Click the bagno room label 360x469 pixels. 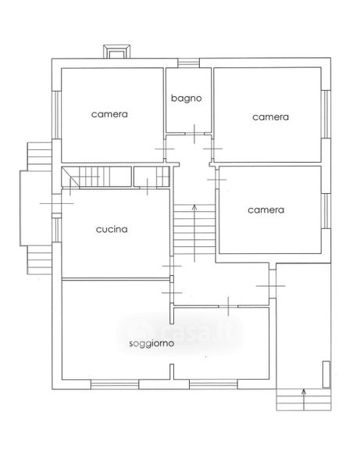point(186,98)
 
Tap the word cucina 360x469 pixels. point(112,229)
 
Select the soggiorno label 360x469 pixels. point(151,343)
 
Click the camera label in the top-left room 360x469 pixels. point(109,114)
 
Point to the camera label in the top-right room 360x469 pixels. point(270,117)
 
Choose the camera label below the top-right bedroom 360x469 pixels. point(266,210)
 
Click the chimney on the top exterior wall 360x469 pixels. point(117,51)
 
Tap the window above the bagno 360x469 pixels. point(188,63)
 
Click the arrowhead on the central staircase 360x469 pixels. point(194,206)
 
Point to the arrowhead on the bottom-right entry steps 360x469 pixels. point(304,391)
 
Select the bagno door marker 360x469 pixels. point(194,134)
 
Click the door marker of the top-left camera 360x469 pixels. point(164,149)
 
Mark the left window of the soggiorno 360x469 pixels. point(115,385)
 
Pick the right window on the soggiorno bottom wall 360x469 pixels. point(213,385)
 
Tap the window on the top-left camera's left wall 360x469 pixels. point(56,115)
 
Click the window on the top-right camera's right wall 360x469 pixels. point(326,114)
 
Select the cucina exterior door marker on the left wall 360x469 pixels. point(57,203)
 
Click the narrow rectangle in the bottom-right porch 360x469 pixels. point(326,374)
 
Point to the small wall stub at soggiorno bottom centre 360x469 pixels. point(172,372)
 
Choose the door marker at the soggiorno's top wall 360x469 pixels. point(229,306)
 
